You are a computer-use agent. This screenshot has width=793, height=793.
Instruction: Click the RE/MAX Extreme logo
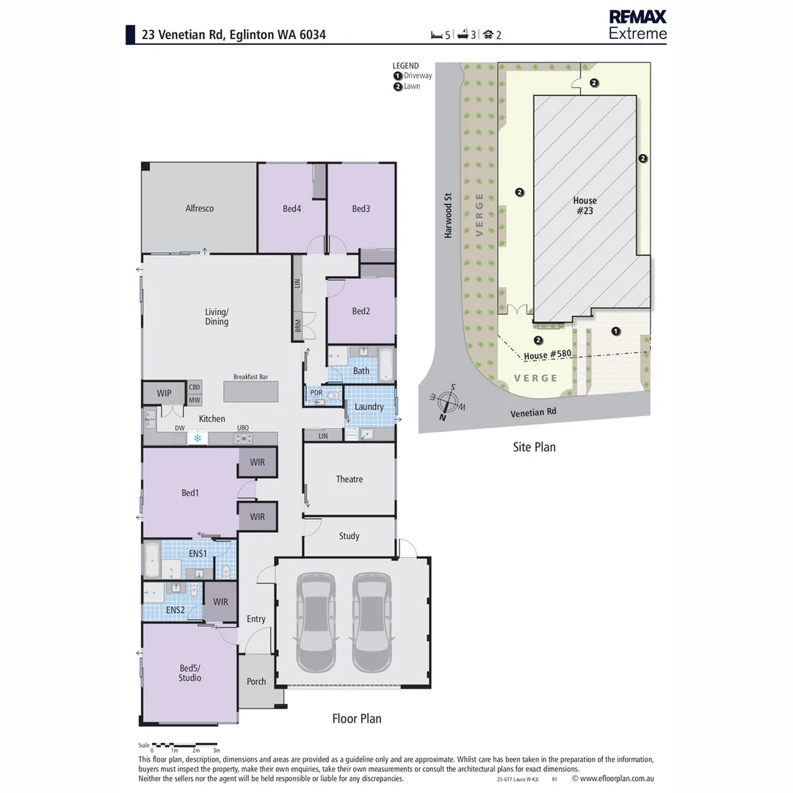coord(637,25)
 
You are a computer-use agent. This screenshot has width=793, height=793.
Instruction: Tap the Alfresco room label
coord(200,209)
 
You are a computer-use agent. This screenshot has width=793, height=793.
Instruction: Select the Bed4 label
coord(292,209)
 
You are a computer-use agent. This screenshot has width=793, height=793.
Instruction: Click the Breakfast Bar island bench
coord(251,391)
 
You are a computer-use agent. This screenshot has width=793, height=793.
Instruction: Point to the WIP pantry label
coord(164,394)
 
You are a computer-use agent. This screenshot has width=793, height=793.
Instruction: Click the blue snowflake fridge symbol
coord(198,438)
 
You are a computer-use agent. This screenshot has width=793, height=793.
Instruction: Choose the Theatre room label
coord(350,479)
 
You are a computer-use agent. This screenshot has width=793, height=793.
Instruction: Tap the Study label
coord(350,536)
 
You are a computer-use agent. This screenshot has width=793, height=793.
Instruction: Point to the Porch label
coord(256,681)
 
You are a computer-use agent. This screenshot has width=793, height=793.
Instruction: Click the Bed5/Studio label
coord(189,673)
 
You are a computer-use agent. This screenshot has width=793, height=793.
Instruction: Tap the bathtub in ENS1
coord(152,560)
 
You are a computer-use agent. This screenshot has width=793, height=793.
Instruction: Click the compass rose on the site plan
coord(449,402)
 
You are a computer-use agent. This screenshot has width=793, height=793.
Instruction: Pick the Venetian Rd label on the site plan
coord(533,413)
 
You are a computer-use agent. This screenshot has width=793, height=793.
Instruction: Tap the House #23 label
coord(584,206)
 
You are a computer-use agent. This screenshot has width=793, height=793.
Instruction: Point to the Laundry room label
coord(369,407)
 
